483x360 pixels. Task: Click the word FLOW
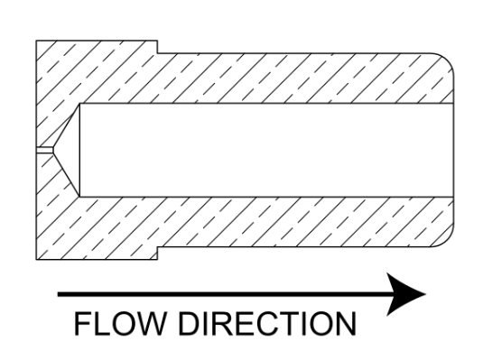(x=119, y=323)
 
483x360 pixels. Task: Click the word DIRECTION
(x=267, y=323)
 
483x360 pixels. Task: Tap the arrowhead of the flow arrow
(x=406, y=294)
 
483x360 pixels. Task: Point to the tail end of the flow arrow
(x=58, y=295)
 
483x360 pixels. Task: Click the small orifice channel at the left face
(x=44, y=151)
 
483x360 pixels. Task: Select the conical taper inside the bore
(x=67, y=151)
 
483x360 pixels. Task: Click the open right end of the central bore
(x=453, y=151)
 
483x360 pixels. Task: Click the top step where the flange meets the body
(x=158, y=47)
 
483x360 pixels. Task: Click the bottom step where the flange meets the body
(x=158, y=254)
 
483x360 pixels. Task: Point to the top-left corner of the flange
(x=36, y=41)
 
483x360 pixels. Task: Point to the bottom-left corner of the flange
(x=36, y=260)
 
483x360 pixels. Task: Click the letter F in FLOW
(x=81, y=324)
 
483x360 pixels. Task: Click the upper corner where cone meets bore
(x=79, y=104)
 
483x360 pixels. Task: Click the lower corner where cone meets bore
(x=79, y=197)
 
